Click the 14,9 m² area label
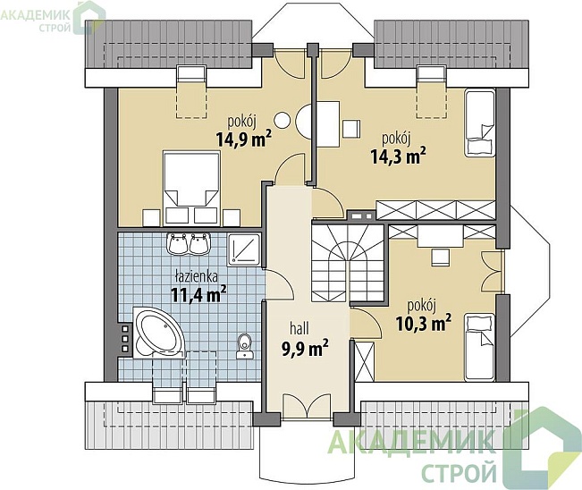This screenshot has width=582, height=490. (x=243, y=139)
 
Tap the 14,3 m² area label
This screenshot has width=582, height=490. (x=398, y=156)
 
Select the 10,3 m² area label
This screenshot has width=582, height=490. (x=424, y=322)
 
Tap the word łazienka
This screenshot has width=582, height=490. (x=196, y=276)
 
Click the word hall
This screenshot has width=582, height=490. (x=299, y=328)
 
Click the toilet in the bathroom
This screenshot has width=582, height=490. (x=245, y=346)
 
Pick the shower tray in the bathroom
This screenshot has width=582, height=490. (x=245, y=249)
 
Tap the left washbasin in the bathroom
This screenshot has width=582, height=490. (x=178, y=244)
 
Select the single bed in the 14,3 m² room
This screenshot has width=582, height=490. (x=479, y=122)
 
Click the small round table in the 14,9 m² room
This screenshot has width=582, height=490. (x=283, y=120)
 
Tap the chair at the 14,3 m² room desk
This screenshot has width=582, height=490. (x=351, y=129)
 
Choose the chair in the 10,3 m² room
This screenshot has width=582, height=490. (x=440, y=257)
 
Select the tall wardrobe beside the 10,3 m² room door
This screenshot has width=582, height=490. (x=365, y=361)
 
